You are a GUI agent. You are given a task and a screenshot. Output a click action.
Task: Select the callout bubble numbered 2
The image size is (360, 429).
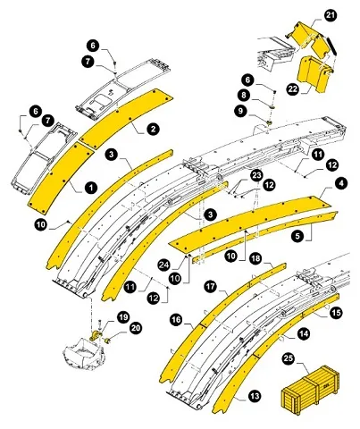click(153, 130)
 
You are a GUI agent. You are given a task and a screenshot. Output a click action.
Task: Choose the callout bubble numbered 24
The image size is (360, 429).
click(165, 265)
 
